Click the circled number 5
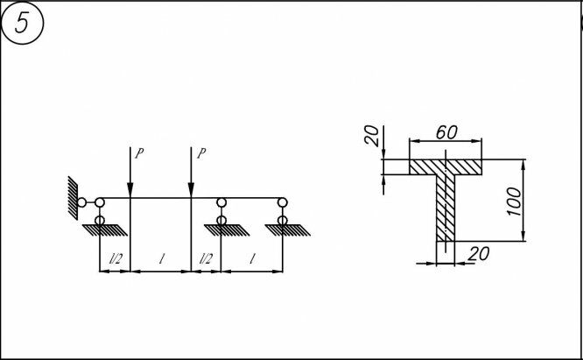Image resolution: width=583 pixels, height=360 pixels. coord(25,25)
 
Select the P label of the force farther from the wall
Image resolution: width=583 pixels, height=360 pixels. coord(201,152)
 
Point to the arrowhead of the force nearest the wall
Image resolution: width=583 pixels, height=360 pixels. coord(130,194)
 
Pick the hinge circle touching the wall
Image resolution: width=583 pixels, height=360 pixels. coord(81,202)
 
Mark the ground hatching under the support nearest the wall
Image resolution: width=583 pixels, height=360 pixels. coord(100,230)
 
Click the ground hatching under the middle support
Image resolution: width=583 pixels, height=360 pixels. coord(221,230)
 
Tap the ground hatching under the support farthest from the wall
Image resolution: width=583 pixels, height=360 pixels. coord(282,230)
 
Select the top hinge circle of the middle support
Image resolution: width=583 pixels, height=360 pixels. coord(221,203)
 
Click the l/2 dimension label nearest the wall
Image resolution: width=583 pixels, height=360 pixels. coord(114,261)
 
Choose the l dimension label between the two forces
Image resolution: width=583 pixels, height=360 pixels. coord(160,260)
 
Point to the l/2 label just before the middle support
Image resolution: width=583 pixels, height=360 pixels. coord(206,261)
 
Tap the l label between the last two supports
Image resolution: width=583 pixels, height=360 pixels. coord(252,260)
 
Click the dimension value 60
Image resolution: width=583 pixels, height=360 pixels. coord(446,132)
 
